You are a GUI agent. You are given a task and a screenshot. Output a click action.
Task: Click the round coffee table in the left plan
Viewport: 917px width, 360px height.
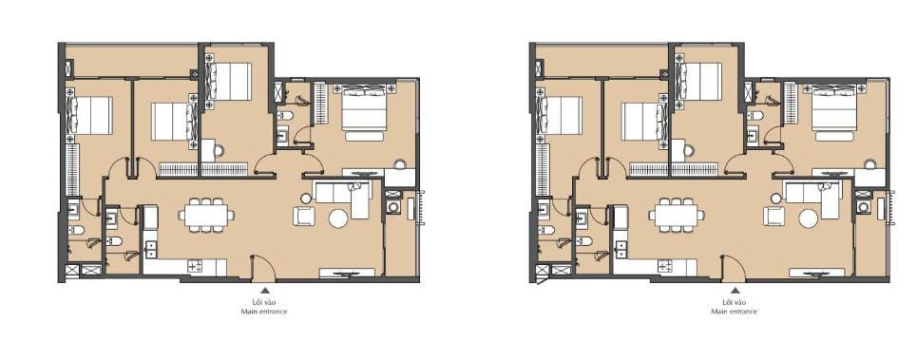(338, 218)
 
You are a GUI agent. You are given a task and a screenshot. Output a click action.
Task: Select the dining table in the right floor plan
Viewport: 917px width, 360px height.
(676, 215)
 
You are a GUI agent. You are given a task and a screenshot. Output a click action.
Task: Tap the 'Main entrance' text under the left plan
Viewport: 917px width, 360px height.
(264, 313)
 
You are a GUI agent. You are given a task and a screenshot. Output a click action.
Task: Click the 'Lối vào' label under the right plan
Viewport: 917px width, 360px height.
(735, 302)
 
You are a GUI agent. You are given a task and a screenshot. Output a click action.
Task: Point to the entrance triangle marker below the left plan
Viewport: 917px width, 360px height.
(264, 290)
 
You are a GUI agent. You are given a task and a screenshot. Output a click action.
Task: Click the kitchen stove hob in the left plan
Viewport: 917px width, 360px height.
(194, 266)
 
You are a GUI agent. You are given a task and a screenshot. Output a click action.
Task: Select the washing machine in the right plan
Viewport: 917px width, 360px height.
(863, 207)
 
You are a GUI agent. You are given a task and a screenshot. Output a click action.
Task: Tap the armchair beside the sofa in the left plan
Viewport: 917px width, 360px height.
(303, 217)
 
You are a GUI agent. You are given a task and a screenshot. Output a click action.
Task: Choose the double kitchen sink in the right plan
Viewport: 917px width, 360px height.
(621, 248)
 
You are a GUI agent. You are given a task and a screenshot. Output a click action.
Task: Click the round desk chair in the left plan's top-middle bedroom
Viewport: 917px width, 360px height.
(219, 151)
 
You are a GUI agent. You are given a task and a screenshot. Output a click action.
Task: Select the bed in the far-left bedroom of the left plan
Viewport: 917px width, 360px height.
(90, 116)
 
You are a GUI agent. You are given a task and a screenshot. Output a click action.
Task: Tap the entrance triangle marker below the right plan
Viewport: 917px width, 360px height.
(735, 290)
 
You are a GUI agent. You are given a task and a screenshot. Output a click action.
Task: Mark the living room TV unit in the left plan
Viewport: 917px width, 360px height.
(348, 273)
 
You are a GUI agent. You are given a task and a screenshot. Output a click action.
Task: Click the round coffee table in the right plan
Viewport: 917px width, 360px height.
(809, 218)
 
